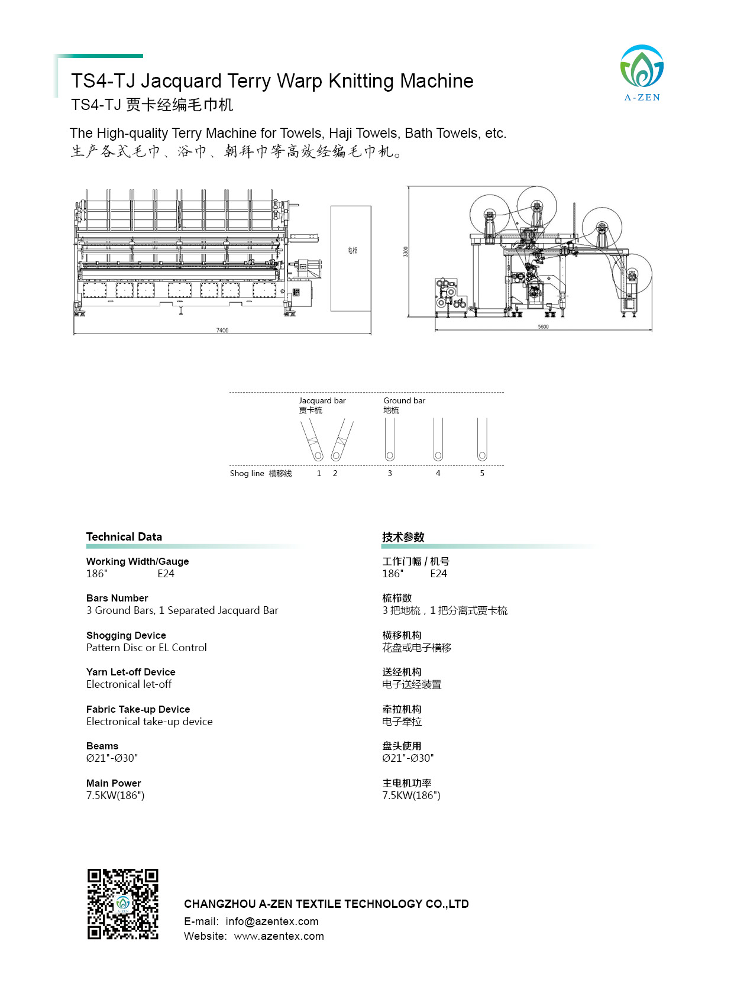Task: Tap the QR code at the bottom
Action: coord(123,904)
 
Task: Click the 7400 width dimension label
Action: coord(222,330)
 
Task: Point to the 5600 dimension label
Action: coord(543,326)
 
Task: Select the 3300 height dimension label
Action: coord(405,251)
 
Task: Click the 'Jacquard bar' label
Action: coord(322,400)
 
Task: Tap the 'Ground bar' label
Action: coord(404,400)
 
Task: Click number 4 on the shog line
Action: coord(438,473)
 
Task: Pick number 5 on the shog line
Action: coord(482,473)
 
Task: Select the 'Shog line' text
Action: coord(247,473)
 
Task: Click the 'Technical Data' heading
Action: coord(124,536)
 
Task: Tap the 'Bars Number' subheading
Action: coord(117,598)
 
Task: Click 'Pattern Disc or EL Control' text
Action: coord(147,648)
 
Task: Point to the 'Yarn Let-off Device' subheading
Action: coord(131,672)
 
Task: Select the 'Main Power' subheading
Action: coord(114,783)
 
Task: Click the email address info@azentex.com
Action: coord(271,921)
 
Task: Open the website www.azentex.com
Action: coord(279,936)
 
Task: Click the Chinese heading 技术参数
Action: coord(403,537)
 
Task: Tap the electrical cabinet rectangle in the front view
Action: coord(351,258)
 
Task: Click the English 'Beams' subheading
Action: coord(102,746)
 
